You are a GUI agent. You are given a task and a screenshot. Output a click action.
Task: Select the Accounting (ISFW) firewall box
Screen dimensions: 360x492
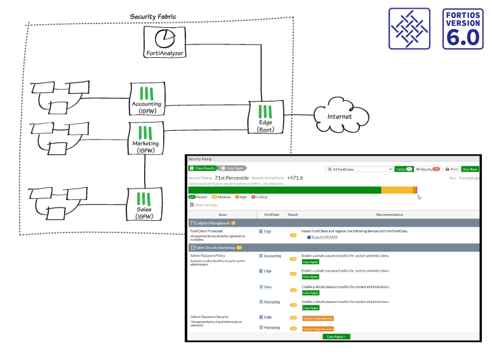[146, 99]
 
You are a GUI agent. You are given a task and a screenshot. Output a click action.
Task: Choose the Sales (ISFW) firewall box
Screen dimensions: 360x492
[146, 206]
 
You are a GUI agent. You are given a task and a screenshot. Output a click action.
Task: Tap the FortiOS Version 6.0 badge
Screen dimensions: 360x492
[463, 29]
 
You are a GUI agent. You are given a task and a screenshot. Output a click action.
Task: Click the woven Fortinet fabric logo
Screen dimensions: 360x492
[409, 29]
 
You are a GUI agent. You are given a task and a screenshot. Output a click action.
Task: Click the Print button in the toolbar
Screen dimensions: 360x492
[451, 170]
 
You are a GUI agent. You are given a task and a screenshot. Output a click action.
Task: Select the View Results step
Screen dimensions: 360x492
[203, 168]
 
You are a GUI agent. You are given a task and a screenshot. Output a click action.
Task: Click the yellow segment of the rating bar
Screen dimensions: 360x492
[396, 190]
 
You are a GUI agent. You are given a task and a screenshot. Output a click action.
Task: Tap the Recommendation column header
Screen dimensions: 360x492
[389, 215]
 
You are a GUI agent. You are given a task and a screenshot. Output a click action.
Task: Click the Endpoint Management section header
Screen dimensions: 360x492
[213, 223]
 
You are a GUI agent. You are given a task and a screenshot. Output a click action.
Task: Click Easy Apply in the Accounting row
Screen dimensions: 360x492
[310, 262]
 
